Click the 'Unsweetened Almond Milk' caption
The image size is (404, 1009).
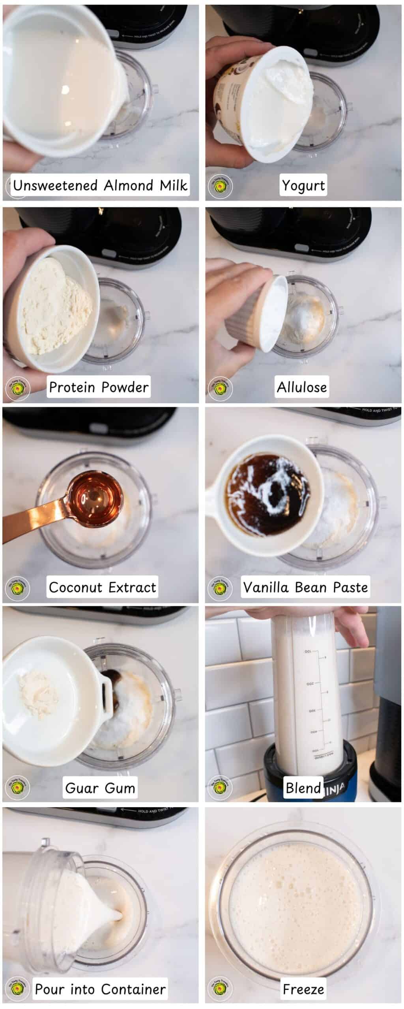100,185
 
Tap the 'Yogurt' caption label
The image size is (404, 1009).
303,185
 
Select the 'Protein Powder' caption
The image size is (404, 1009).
99,387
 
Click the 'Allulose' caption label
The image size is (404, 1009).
302,387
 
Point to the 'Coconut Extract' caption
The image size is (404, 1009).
102,587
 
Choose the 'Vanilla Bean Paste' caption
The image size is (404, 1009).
305,587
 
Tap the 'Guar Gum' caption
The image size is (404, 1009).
100,788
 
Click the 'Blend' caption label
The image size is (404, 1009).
303,788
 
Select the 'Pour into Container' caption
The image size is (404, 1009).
100,989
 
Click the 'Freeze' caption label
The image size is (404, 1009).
303,989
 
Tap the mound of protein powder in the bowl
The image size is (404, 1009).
55,311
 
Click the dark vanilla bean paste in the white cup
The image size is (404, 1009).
268,489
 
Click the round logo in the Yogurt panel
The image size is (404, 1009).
220,186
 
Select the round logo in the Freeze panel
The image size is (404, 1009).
220,989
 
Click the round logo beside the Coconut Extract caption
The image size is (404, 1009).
17,588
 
